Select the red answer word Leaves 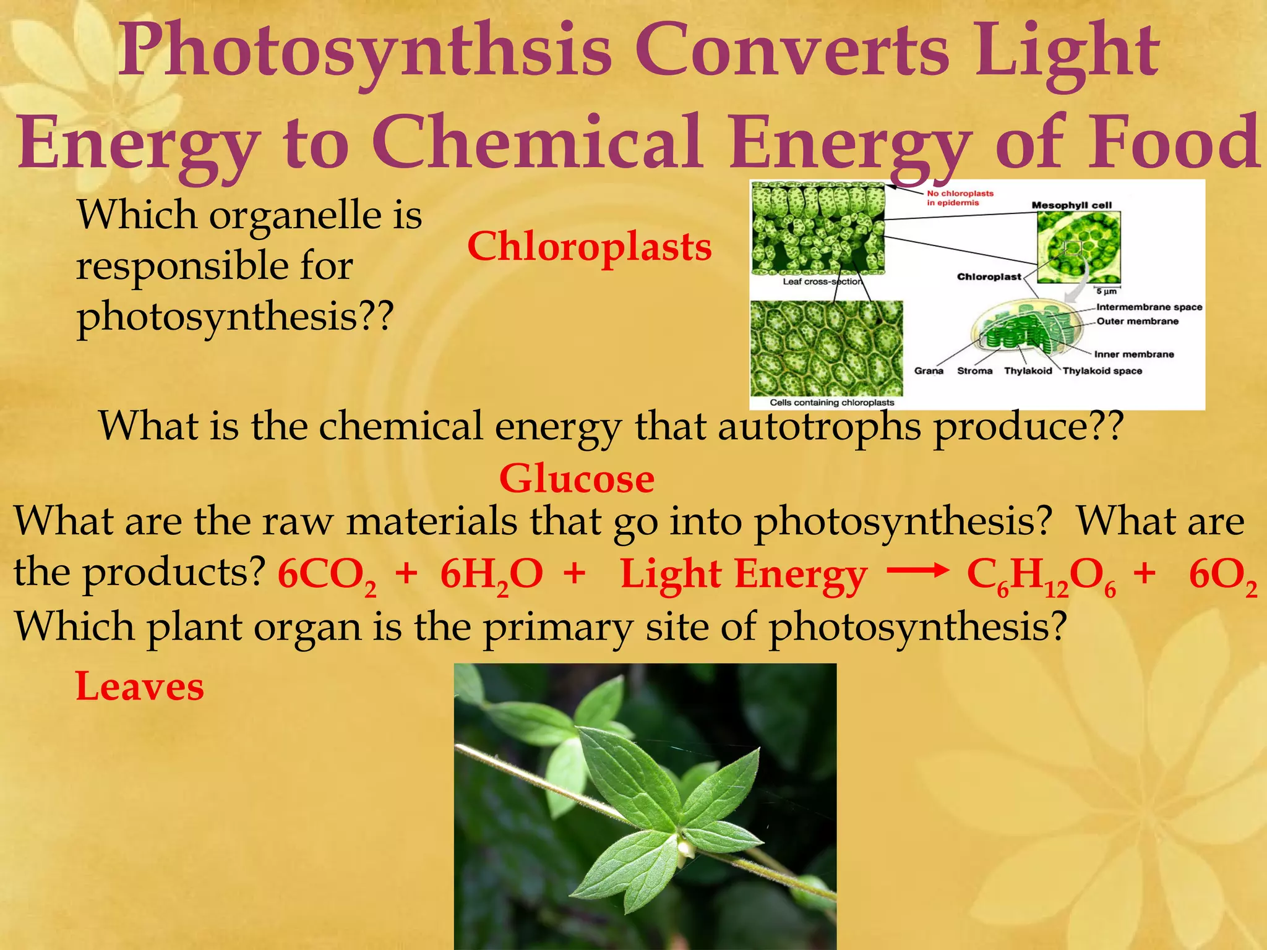(140, 687)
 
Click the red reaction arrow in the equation (917, 570)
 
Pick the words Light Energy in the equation (744, 575)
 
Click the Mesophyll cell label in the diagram (1072, 205)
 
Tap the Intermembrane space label (1149, 307)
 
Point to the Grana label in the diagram (929, 371)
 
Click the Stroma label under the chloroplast (974, 371)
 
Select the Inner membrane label (1133, 354)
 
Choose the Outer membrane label (1137, 321)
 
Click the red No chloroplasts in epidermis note (960, 198)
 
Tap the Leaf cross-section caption (822, 281)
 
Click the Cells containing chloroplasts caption (831, 403)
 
